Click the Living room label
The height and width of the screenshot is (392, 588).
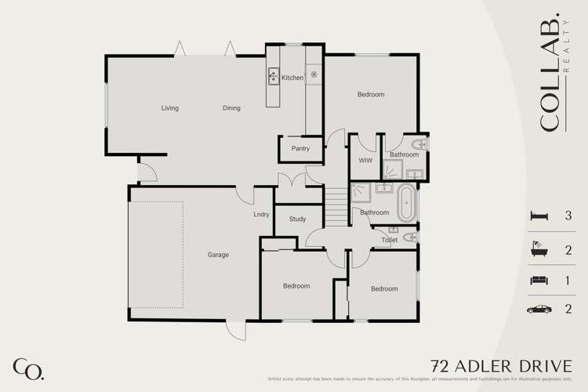tap(170, 108)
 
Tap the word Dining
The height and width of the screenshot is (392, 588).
tap(231, 108)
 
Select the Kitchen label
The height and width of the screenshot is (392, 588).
tap(292, 78)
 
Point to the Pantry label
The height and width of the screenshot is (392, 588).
tap(299, 148)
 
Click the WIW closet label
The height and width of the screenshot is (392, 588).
tap(365, 160)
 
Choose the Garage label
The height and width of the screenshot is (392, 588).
tap(218, 255)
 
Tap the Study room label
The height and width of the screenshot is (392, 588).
tap(297, 220)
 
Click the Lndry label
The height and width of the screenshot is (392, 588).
tap(262, 214)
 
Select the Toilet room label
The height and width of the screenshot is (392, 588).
tap(390, 240)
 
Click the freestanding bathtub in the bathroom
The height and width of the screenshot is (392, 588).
tap(407, 204)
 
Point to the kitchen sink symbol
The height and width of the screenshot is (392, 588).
tap(274, 76)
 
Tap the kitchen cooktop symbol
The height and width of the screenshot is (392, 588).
tap(314, 75)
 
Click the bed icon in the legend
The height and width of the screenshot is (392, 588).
tap(538, 216)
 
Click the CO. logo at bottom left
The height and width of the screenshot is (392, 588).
tap(28, 368)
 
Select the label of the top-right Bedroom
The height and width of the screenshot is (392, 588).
tap(371, 95)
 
